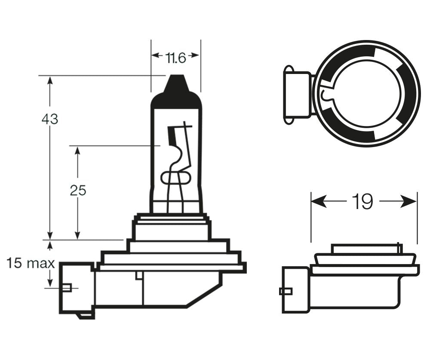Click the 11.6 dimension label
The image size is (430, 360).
(x=175, y=58)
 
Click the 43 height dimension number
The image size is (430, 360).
(x=49, y=119)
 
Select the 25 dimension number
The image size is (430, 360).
(x=78, y=190)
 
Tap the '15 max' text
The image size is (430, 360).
(x=30, y=263)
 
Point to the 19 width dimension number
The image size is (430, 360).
(x=362, y=201)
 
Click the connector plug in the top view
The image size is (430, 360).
(x=297, y=95)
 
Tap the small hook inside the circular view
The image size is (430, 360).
(x=326, y=95)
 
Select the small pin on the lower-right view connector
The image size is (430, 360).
(x=286, y=291)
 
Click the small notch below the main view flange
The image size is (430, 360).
(x=139, y=275)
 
